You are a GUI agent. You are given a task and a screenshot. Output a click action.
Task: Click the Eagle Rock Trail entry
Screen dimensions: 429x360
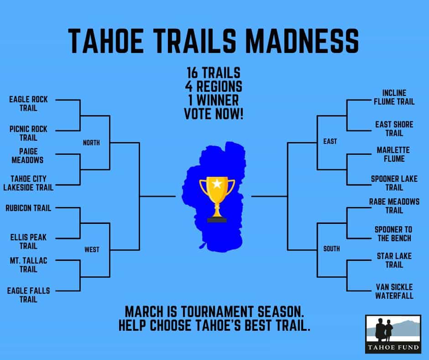tap(28, 104)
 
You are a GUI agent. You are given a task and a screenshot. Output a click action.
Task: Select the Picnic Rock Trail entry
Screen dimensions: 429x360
tap(28, 133)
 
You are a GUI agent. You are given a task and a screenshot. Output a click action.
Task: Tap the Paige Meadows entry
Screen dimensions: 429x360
tap(28, 156)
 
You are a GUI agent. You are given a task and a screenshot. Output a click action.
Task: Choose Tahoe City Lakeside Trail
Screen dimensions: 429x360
tap(28, 183)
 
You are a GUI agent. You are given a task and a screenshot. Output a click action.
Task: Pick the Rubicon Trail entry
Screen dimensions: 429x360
tap(28, 208)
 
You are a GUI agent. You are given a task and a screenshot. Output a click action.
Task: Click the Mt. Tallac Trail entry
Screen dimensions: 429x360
tap(28, 265)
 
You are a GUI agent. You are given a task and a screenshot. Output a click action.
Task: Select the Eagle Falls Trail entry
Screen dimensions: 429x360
tap(28, 295)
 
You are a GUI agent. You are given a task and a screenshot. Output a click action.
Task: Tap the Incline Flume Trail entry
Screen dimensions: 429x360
tap(394, 97)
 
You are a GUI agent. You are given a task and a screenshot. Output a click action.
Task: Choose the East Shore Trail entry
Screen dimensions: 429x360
tap(394, 129)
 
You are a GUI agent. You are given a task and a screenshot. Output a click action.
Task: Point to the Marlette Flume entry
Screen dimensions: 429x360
tap(393, 154)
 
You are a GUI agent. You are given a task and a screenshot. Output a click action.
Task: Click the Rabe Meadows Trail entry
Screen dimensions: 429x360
tap(394, 206)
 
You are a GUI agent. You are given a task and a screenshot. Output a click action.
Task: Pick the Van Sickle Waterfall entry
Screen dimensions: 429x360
tap(394, 291)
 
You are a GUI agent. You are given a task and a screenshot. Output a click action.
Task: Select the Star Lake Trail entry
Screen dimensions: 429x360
tap(394, 260)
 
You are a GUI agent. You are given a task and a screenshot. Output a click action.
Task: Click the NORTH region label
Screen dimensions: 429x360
tap(91, 143)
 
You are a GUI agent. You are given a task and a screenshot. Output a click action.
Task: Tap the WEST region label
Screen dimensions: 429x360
tap(92, 249)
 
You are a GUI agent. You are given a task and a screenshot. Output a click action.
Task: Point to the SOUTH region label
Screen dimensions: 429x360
tap(331, 249)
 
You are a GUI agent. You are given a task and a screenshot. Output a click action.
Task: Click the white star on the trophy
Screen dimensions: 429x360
tap(217, 184)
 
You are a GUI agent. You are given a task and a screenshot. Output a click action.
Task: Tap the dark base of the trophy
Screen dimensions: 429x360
tap(217, 220)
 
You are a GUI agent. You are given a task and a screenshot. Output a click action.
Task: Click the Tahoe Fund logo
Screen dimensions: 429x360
tap(393, 334)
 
